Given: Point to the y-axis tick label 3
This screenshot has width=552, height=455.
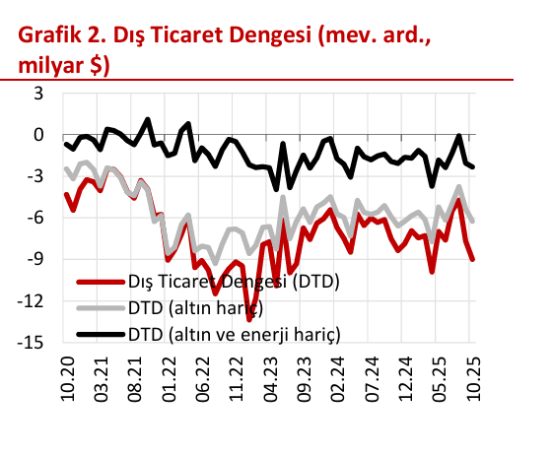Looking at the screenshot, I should [x=38, y=94].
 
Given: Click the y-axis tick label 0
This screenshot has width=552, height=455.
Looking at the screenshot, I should [x=38, y=135].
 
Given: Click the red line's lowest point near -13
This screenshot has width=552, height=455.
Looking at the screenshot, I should [x=249, y=319].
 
